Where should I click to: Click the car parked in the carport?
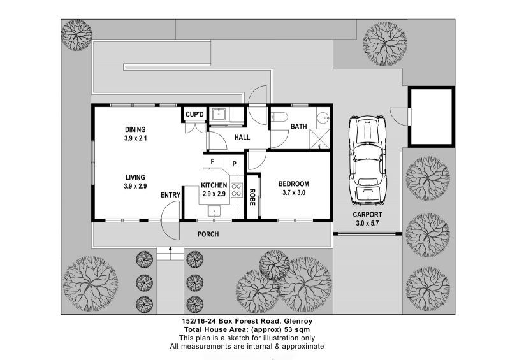click(368, 160)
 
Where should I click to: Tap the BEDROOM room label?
click(294, 184)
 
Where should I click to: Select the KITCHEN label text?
click(214, 185)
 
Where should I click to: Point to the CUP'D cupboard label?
click(194, 115)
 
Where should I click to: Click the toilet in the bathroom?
click(279, 117)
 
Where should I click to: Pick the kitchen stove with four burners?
click(237, 190)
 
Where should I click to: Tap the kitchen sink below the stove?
click(214, 211)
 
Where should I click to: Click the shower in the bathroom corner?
click(319, 139)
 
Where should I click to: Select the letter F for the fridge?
click(212, 161)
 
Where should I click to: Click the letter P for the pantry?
click(234, 164)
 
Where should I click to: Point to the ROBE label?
click(252, 197)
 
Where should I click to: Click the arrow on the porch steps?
click(170, 250)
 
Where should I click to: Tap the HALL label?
click(242, 138)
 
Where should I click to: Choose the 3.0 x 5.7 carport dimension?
click(367, 224)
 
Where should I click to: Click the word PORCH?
click(208, 234)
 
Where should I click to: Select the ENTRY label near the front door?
click(170, 195)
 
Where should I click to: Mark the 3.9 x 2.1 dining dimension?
click(135, 138)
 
